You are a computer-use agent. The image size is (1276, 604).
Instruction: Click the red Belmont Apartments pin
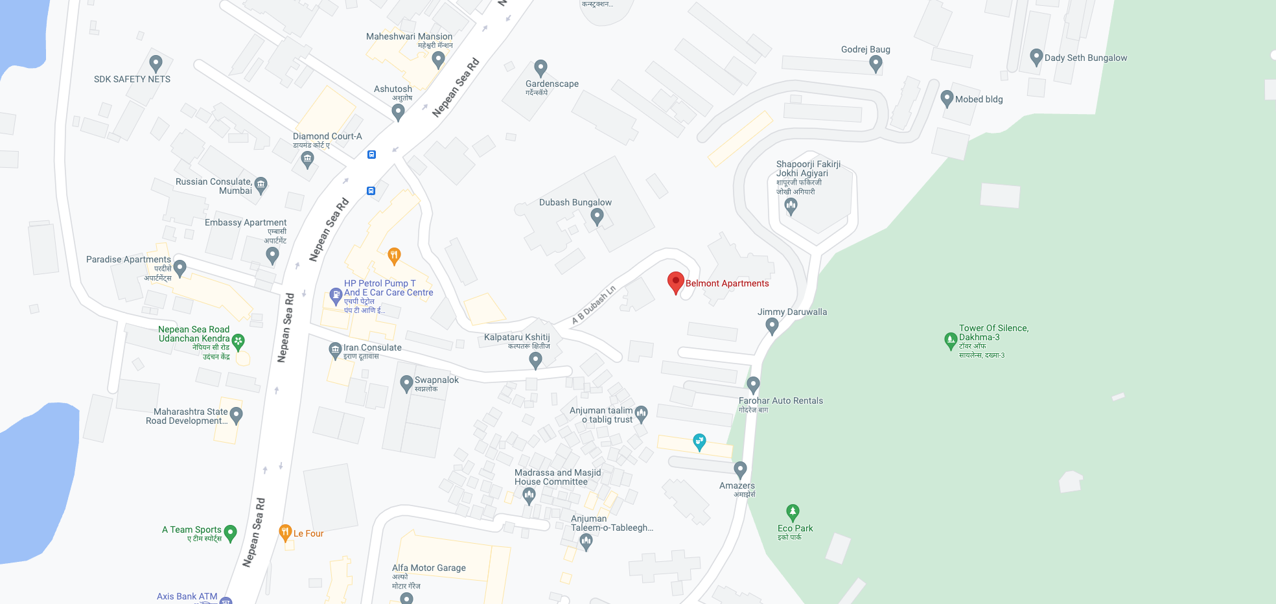click(x=676, y=283)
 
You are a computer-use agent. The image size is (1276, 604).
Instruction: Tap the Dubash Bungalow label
click(x=575, y=202)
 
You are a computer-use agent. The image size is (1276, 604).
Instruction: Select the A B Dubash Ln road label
click(x=593, y=305)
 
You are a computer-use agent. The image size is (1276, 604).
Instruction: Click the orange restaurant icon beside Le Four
click(x=285, y=533)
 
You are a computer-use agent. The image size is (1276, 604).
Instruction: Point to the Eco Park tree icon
click(x=793, y=513)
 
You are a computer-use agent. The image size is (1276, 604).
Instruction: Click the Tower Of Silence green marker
click(x=951, y=340)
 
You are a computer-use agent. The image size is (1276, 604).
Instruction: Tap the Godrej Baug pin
click(x=876, y=64)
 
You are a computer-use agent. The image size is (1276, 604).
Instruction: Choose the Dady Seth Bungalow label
click(x=1085, y=58)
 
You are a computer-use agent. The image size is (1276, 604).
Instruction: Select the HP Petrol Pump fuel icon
click(x=336, y=296)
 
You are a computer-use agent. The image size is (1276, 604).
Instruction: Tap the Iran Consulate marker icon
click(x=335, y=351)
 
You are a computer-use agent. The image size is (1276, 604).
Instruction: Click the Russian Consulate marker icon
click(x=261, y=185)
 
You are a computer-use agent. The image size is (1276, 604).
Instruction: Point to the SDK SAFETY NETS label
click(x=132, y=79)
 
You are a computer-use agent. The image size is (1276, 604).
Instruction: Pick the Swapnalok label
click(x=436, y=380)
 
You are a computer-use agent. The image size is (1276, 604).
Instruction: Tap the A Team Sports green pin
click(x=230, y=533)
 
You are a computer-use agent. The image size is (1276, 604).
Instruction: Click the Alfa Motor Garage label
click(x=428, y=568)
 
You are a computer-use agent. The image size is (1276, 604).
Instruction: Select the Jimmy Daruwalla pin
click(x=772, y=325)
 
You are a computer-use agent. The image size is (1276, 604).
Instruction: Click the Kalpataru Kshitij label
click(x=516, y=337)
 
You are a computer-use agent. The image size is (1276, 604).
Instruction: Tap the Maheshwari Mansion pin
click(x=438, y=60)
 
